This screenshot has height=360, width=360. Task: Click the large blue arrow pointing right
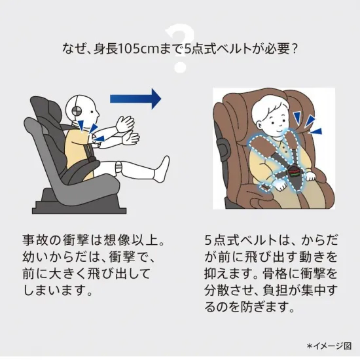[135, 99]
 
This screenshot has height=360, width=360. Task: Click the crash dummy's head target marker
[76, 111]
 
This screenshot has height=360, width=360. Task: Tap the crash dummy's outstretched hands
[127, 130]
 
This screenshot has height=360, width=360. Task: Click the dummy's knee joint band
[119, 167]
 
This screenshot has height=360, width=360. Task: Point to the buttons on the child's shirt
[285, 149]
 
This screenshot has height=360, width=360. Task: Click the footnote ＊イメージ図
[329, 346]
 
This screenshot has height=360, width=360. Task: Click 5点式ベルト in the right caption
[241, 240]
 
